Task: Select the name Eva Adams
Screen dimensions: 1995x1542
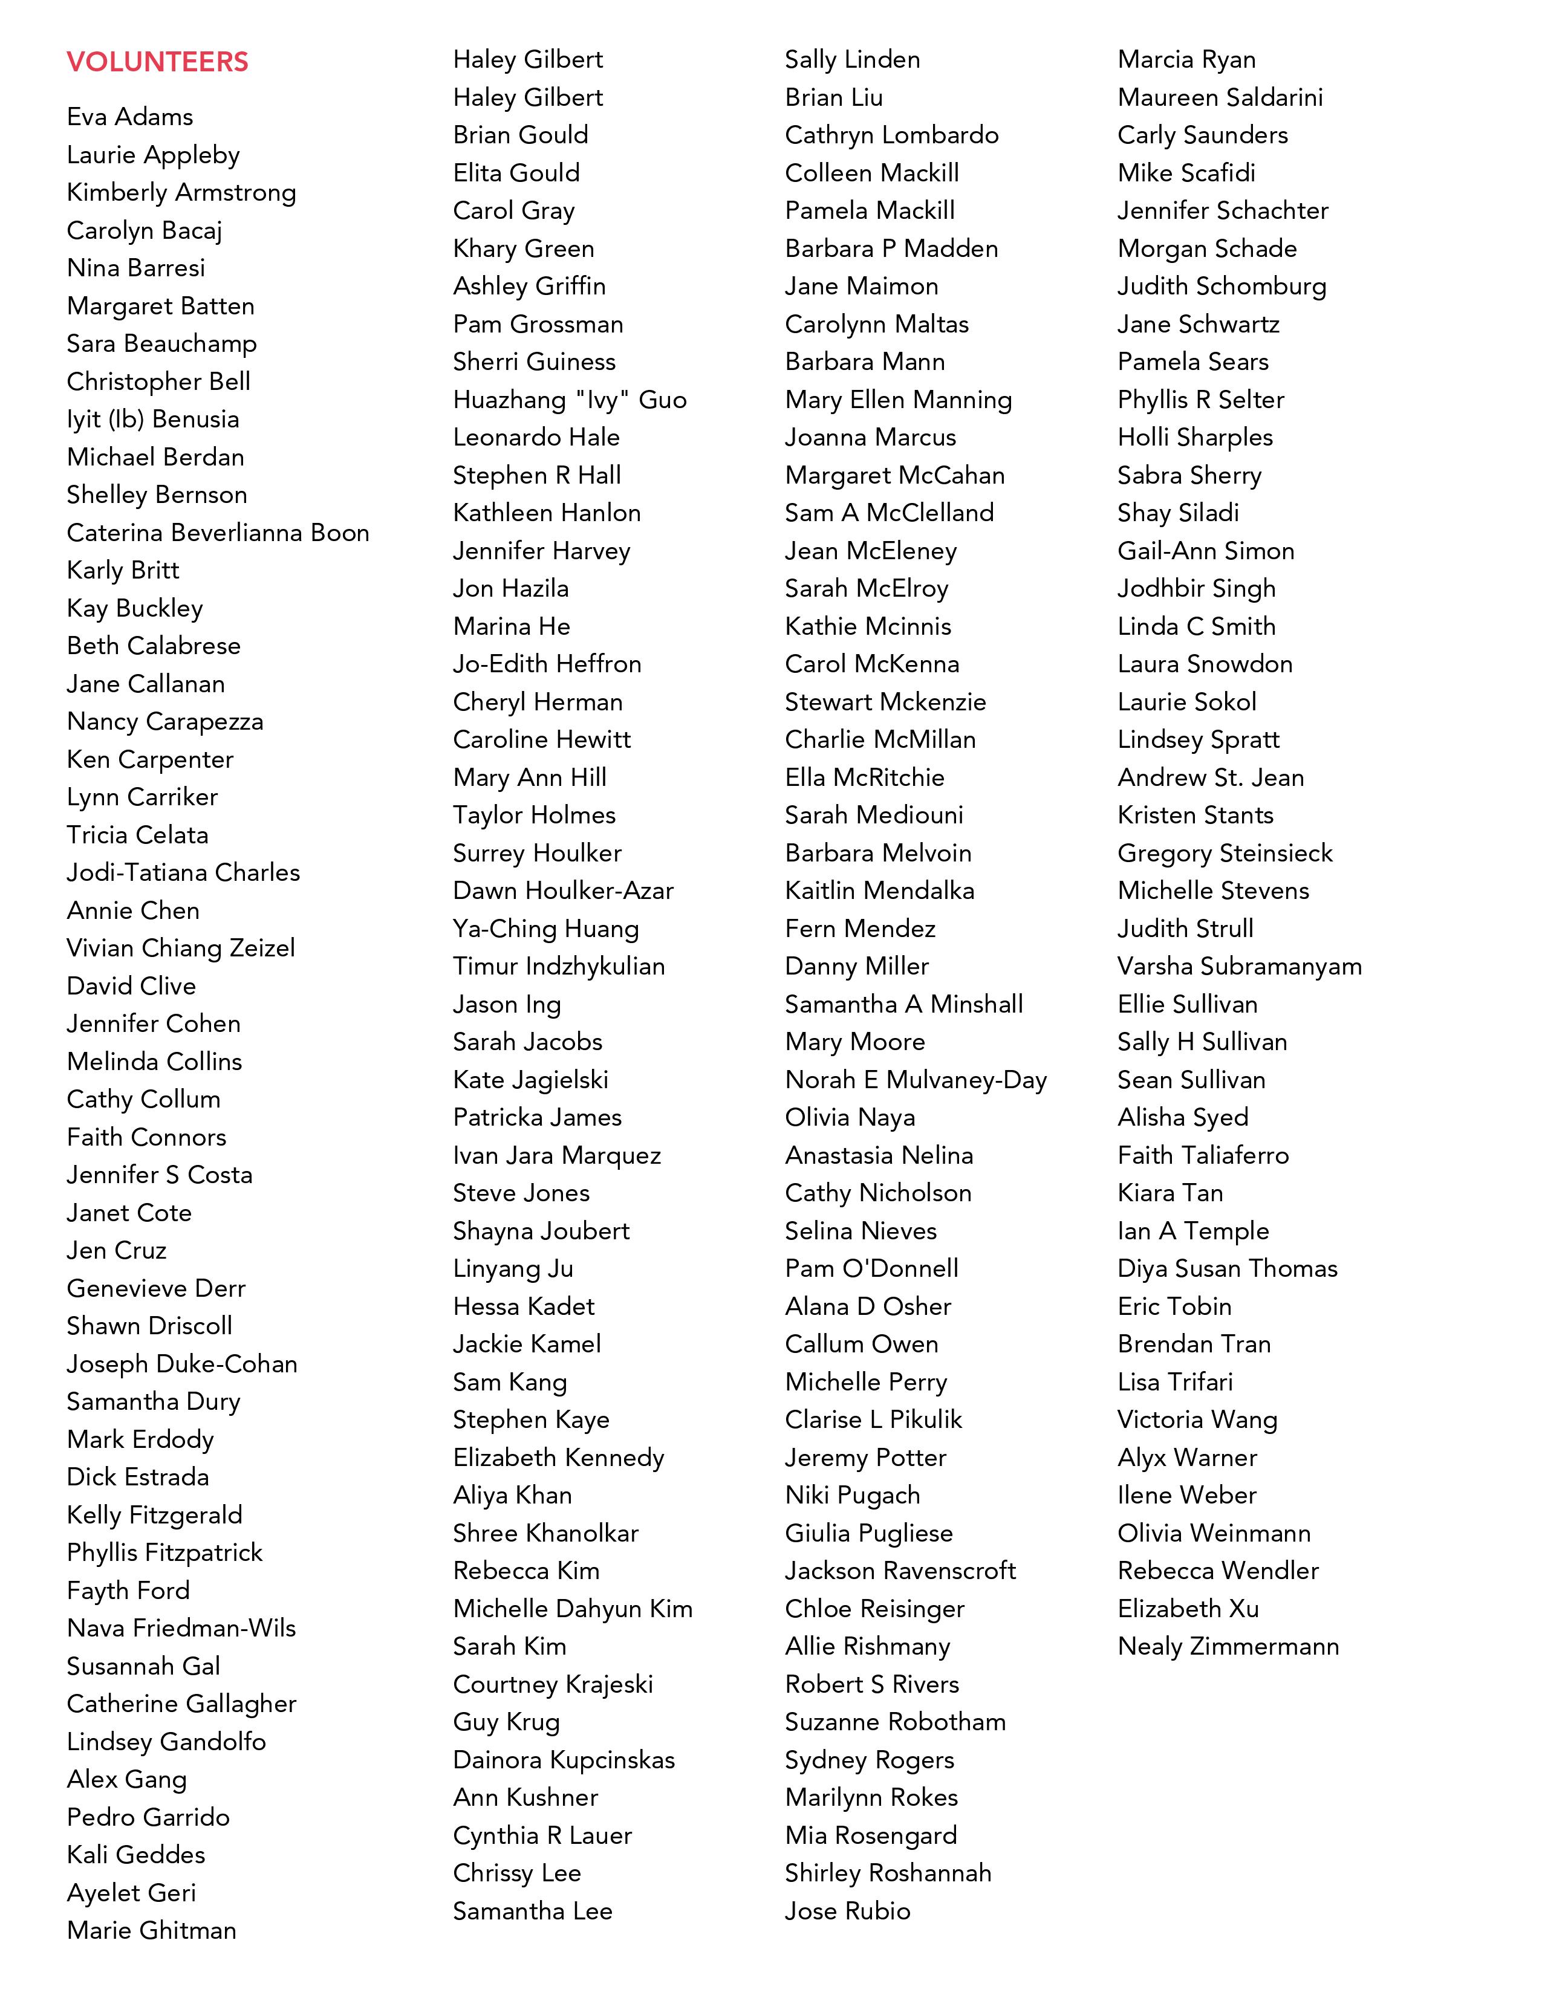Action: click(130, 117)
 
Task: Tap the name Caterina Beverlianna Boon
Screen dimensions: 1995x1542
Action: click(218, 533)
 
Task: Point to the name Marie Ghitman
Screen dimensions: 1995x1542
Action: click(152, 1930)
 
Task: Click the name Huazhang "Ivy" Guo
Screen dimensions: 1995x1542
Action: click(569, 400)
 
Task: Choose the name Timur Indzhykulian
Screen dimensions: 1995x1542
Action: click(558, 967)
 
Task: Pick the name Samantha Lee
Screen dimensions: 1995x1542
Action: click(532, 1911)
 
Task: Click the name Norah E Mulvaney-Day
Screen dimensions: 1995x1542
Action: click(916, 1080)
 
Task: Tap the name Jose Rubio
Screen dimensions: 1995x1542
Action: click(847, 1911)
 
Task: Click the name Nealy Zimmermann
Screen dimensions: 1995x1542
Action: click(1228, 1647)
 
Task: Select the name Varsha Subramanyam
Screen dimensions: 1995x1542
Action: click(1238, 967)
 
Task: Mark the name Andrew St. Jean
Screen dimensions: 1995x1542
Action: click(1211, 778)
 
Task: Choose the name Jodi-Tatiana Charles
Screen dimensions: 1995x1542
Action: click(183, 872)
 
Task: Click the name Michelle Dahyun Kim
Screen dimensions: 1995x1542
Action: click(572, 1609)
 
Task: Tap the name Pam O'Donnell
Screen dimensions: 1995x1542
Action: click(871, 1269)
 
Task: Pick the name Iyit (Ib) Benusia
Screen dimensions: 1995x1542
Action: click(152, 420)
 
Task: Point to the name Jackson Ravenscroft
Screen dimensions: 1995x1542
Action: click(900, 1571)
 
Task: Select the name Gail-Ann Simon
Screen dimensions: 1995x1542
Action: click(1205, 551)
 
